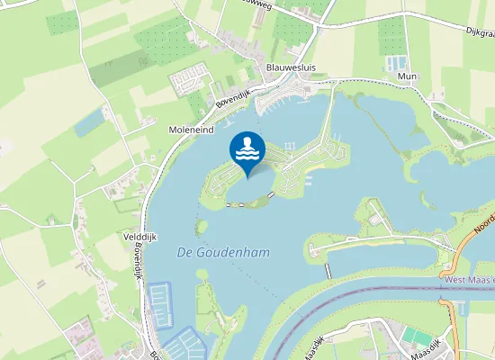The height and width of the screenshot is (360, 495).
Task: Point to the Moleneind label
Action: tap(192, 130)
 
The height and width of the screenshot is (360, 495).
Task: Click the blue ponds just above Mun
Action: tap(396, 64)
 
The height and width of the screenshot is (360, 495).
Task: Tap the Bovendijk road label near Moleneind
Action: tap(233, 97)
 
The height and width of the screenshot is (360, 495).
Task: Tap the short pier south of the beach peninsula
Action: tap(271, 193)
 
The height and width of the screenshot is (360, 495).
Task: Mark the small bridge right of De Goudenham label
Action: tap(326, 267)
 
